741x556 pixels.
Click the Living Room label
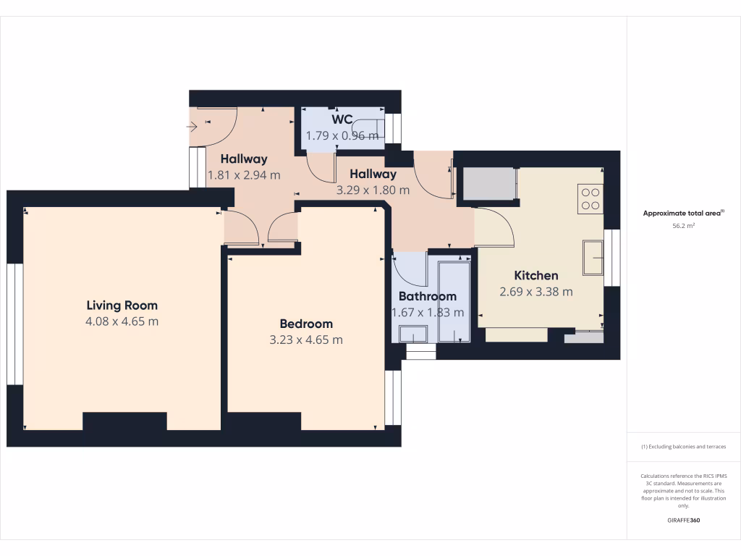(122, 305)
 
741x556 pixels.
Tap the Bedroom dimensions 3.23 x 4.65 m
(306, 340)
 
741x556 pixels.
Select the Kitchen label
(535, 275)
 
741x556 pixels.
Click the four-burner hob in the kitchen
(590, 198)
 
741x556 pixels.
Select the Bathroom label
(427, 296)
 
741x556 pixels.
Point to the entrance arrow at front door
(192, 127)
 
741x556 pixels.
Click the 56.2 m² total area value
(683, 226)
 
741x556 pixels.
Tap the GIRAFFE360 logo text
(683, 521)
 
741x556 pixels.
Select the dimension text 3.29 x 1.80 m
(373, 190)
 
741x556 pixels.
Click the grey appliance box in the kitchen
(488, 184)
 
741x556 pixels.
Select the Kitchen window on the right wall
(613, 258)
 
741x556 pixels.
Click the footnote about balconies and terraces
(683, 447)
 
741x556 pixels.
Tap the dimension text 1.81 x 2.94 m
(244, 174)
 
